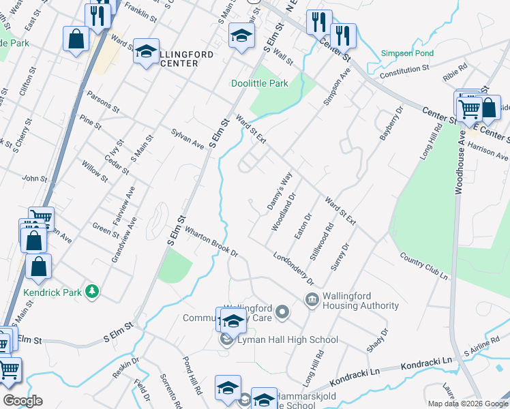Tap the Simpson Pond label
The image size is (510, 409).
[x=406, y=53]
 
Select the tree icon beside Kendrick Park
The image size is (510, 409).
[x=91, y=292]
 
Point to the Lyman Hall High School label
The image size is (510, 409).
[x=287, y=339]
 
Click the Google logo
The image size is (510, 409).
[x=22, y=401]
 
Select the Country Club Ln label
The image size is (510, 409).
[x=424, y=267]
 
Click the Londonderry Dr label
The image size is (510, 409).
[x=294, y=269]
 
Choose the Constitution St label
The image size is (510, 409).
[x=404, y=68]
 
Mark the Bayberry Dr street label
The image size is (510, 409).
[x=391, y=123]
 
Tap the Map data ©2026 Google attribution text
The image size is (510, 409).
[x=467, y=404]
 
